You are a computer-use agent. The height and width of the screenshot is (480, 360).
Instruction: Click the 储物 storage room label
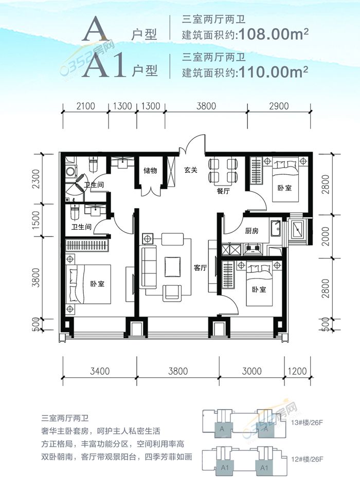150,170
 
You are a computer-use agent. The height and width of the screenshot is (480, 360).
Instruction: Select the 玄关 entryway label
191,171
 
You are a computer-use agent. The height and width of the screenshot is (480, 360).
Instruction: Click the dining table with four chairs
223,172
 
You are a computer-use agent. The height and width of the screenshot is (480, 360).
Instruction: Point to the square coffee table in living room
172,266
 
